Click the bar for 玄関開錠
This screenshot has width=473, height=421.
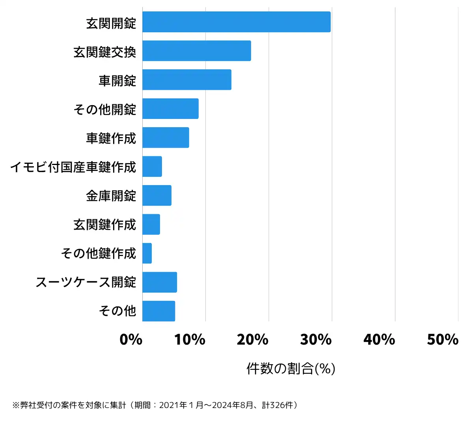[x=236, y=22]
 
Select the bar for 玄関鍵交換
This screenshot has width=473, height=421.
[x=197, y=51]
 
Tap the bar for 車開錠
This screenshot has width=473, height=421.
[x=187, y=80]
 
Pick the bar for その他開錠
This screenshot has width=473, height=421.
[x=170, y=109]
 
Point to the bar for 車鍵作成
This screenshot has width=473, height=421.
[x=166, y=137]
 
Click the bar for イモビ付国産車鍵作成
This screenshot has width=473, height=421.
[x=152, y=167]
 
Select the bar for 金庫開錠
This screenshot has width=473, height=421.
[x=157, y=195]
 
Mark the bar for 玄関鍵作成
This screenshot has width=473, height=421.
[x=151, y=224]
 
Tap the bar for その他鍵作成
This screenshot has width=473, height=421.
[x=147, y=253]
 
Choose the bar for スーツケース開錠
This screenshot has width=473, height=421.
[x=160, y=282]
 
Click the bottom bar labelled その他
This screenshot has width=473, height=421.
[x=158, y=311]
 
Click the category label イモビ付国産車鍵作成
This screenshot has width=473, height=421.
[x=73, y=167]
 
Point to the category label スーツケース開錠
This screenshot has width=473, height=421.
[x=86, y=282]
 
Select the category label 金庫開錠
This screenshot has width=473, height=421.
[x=111, y=196]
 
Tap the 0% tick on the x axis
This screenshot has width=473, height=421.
[x=131, y=339]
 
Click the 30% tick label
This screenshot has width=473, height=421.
[x=316, y=339]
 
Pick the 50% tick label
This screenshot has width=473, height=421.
[x=443, y=339]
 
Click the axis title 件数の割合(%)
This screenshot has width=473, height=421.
[x=291, y=369]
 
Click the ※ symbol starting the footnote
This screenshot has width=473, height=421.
[x=16, y=405]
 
